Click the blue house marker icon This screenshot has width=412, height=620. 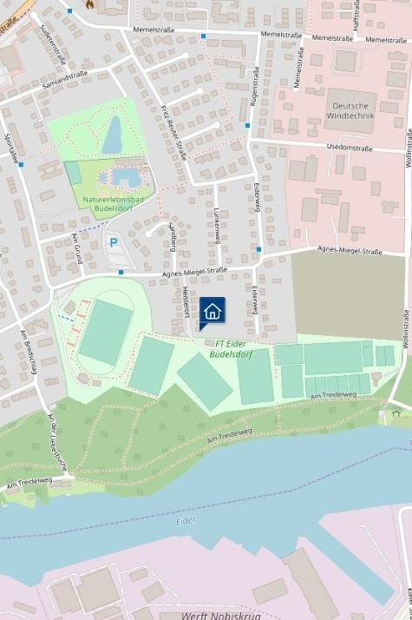click(213, 311)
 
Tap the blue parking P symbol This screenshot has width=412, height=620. click(113, 243)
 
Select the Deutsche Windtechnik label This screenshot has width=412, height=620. click(356, 111)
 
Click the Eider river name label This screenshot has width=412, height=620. click(185, 520)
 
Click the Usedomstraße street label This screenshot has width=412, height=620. click(350, 148)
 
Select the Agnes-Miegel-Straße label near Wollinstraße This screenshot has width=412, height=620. click(350, 252)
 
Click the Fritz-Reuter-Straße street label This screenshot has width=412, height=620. click(173, 132)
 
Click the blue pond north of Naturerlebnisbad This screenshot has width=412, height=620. click(113, 135)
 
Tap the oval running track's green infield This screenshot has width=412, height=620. click(105, 332)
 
